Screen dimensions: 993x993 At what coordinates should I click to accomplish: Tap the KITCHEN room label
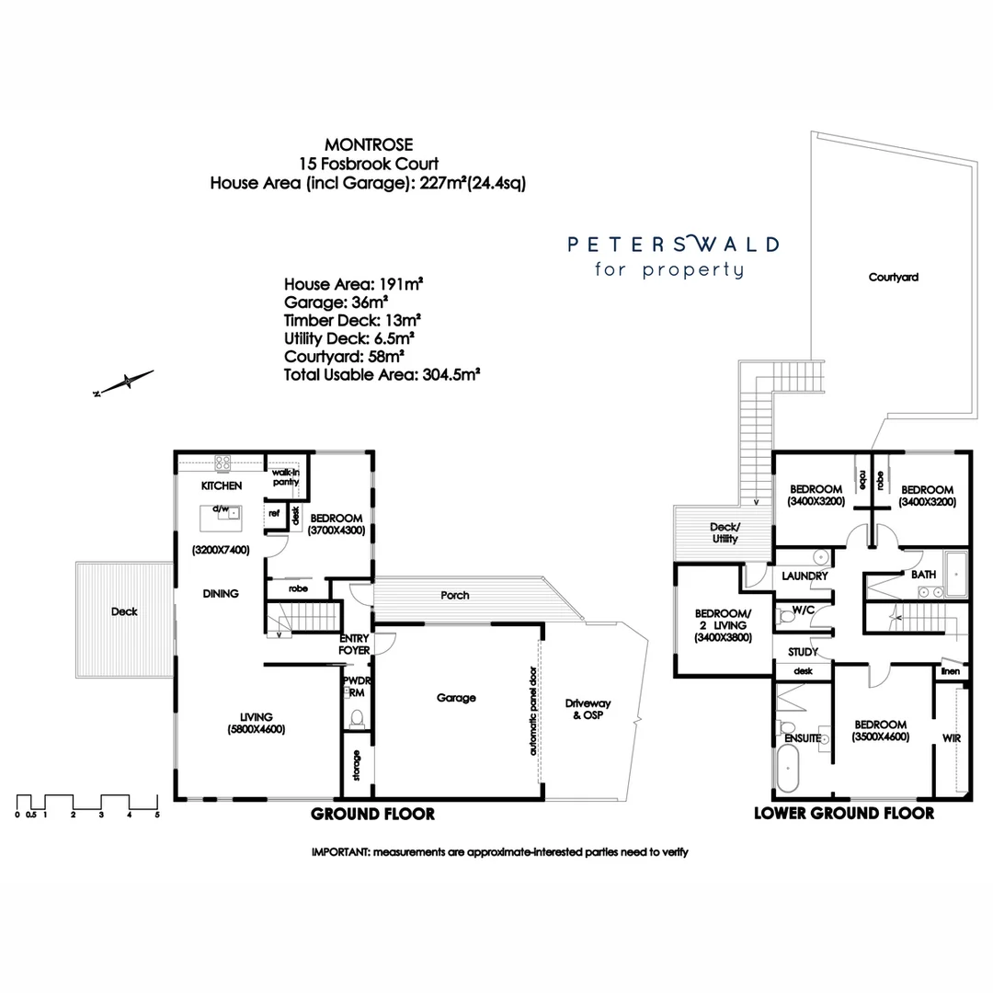coord(223,485)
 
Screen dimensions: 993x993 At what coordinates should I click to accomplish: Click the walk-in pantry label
coord(285,476)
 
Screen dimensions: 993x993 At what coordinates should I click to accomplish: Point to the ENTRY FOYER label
coord(355,644)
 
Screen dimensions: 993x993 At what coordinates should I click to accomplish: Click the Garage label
coord(456,698)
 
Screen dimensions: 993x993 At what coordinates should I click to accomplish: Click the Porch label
coord(455,596)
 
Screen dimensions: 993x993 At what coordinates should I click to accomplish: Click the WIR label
coord(951,737)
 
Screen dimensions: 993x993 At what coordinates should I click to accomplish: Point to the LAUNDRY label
coord(805,576)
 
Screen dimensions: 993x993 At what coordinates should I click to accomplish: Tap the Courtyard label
coord(894,277)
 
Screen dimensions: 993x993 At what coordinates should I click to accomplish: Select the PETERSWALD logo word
coord(673,245)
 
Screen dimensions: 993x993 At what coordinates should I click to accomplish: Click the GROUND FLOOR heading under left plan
coord(372,814)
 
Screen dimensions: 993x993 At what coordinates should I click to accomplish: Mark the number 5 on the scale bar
coord(157,815)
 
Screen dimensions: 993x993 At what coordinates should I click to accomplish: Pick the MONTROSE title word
coord(369,144)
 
